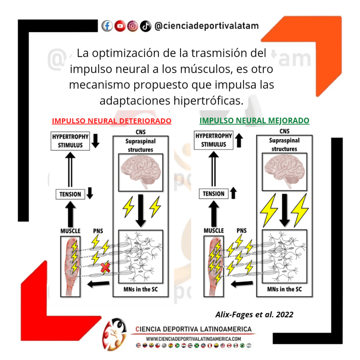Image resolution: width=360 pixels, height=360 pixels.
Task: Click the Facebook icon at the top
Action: (x=107, y=26)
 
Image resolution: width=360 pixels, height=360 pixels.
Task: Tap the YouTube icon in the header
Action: (x=120, y=26)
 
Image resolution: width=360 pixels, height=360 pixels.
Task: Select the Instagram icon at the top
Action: (x=133, y=26)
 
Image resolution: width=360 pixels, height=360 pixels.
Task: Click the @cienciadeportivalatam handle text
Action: (x=206, y=26)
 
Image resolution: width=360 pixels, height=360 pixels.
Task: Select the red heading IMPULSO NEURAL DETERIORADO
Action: (x=111, y=121)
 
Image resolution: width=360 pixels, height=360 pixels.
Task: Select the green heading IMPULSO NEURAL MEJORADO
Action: (x=254, y=121)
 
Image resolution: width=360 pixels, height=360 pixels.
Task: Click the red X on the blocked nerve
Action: (x=105, y=269)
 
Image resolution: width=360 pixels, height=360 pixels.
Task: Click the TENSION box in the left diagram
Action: (x=70, y=194)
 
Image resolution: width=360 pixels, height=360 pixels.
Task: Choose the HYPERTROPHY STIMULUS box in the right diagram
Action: (x=214, y=140)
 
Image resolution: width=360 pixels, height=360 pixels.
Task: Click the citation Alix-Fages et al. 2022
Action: (x=254, y=314)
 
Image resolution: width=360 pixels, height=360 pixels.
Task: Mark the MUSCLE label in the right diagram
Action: (x=214, y=231)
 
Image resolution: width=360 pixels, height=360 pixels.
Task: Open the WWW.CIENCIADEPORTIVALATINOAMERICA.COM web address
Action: (x=193, y=339)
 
